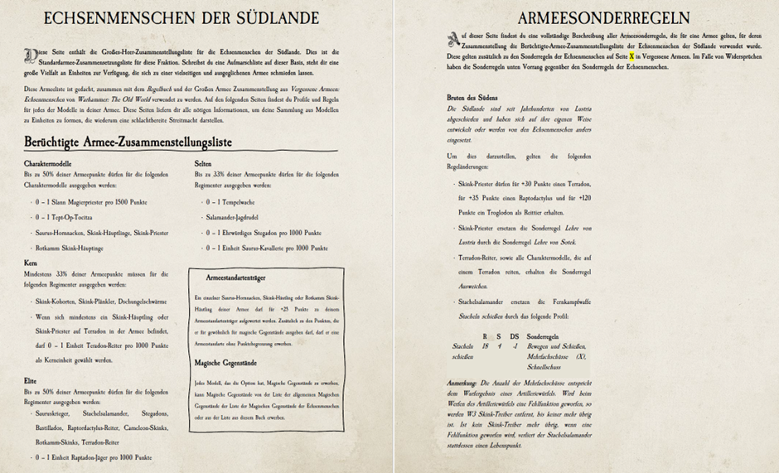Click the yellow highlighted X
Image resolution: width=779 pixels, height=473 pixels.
[631, 56]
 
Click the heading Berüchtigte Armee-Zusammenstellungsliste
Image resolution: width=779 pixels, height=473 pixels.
[128, 142]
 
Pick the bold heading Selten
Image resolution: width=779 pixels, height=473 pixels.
[203, 163]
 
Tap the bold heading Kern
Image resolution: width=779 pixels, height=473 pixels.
[31, 263]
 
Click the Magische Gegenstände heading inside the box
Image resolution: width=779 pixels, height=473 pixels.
[225, 363]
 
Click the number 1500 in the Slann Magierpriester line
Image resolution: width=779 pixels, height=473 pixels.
[116, 201]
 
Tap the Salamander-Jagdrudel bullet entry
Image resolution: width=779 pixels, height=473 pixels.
[233, 217]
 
